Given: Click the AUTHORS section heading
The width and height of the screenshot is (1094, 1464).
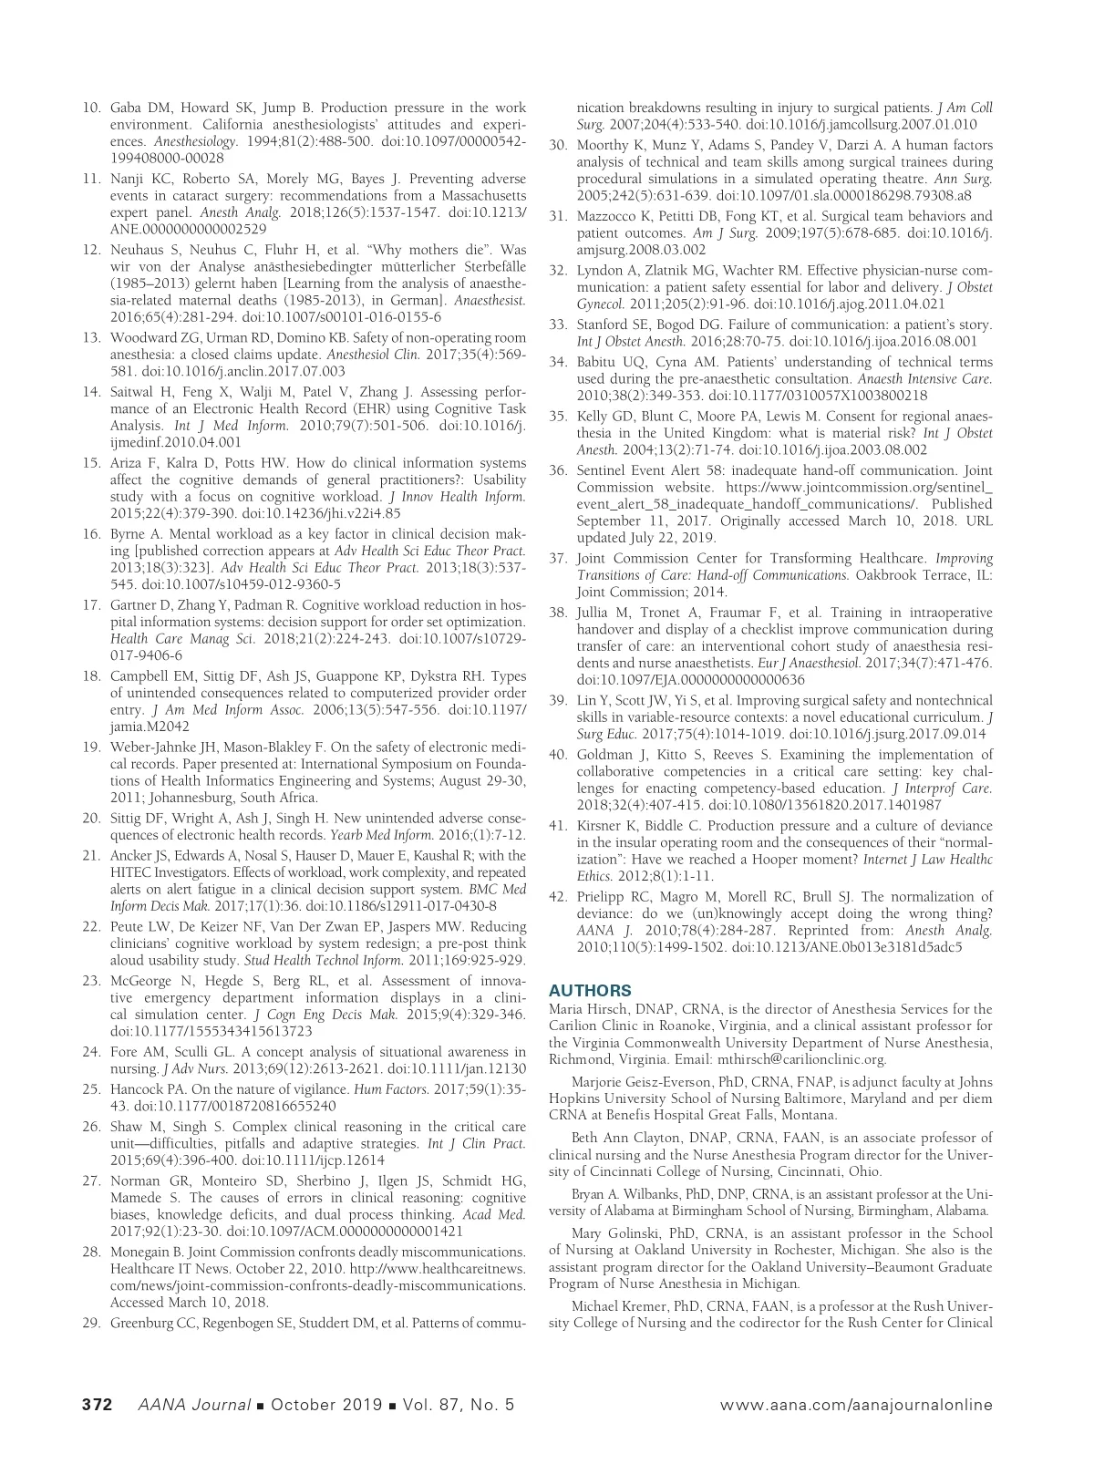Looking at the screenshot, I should click(x=590, y=991).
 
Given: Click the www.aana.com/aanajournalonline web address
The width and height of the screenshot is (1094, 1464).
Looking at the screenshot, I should click(x=856, y=1405).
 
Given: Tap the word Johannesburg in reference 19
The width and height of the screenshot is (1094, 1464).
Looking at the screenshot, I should click(x=176, y=798).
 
